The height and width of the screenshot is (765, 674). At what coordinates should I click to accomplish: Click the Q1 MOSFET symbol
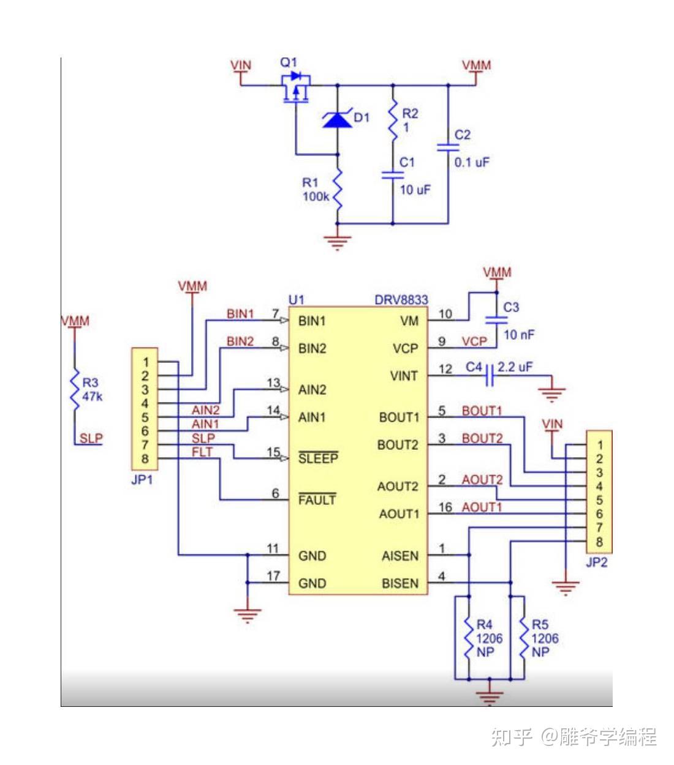(296, 88)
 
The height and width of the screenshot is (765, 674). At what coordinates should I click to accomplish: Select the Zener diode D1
(337, 119)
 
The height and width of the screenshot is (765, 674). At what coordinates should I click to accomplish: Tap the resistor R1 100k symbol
(337, 190)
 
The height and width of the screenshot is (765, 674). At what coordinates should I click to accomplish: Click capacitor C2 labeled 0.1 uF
(448, 147)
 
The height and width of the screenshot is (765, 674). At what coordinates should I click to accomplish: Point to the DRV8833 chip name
(401, 299)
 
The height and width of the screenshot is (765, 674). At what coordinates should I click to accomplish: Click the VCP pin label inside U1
(405, 348)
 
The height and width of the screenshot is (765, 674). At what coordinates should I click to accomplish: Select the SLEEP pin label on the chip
(318, 458)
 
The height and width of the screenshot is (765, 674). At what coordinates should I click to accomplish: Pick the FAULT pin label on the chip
(317, 500)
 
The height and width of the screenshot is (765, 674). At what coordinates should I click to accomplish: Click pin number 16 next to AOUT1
(445, 507)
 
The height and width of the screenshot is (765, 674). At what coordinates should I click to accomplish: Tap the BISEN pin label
(399, 583)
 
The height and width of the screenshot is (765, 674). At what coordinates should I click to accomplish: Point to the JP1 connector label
(142, 480)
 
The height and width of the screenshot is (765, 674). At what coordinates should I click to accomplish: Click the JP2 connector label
(596, 562)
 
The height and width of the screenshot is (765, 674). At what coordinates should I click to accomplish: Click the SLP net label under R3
(91, 438)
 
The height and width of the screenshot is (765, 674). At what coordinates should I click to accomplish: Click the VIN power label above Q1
(241, 65)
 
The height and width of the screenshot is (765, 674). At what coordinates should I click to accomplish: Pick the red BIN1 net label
(240, 313)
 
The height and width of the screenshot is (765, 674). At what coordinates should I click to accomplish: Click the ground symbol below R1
(337, 243)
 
